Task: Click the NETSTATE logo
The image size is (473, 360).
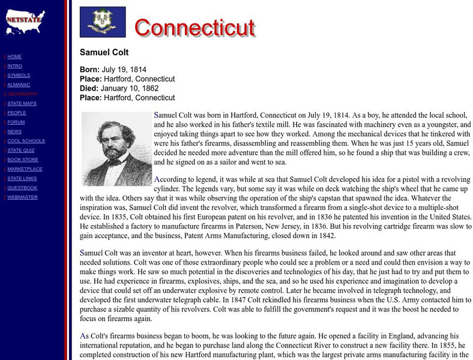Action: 23,19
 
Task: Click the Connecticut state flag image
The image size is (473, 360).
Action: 103,22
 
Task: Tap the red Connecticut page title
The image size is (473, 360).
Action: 194,27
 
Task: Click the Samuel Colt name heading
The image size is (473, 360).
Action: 104,52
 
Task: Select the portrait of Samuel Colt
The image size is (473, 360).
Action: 117,148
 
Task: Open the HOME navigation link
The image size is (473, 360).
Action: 14,56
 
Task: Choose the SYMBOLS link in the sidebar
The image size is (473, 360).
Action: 19,75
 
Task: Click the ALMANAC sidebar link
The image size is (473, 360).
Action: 19,85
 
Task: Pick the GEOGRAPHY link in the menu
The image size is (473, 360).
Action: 22,94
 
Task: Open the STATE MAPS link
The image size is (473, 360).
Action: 22,103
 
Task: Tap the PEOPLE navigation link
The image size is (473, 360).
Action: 17,113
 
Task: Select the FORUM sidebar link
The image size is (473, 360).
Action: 16,122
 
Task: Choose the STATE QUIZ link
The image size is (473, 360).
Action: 22,150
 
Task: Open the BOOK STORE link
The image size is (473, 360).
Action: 23,160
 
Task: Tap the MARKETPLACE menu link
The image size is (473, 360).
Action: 25,169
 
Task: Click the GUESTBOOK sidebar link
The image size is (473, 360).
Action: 22,188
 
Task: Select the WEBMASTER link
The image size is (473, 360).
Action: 22,197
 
